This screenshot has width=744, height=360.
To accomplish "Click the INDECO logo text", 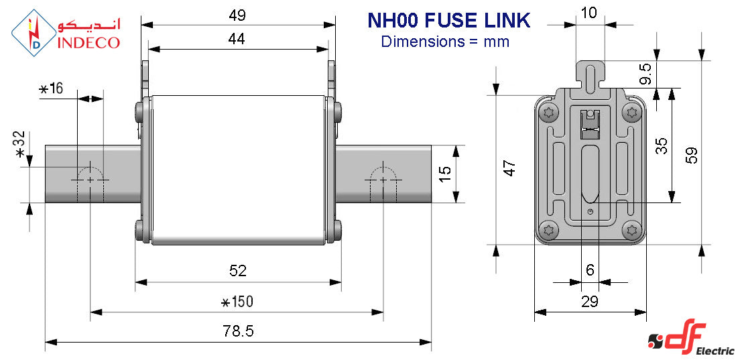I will (88, 43).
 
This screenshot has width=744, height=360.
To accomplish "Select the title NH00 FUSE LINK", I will (448, 20).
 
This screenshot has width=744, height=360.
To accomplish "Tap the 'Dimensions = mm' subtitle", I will (445, 42).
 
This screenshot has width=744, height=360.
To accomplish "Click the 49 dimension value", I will (237, 15).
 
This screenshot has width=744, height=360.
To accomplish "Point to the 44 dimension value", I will (237, 39).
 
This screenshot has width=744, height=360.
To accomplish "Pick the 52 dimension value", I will (238, 271).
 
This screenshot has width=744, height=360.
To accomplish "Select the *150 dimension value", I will (237, 302).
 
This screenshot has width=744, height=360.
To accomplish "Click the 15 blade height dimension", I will (444, 174).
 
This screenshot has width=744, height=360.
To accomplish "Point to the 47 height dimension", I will (509, 168).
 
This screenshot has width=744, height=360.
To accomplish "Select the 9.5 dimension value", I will (645, 74).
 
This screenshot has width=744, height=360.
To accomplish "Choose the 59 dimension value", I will (692, 155).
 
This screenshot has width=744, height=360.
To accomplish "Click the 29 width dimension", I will (590, 302).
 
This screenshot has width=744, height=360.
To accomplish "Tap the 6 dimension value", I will (590, 270).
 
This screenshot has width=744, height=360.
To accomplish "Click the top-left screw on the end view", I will (550, 112).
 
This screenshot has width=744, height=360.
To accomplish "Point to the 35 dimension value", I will (662, 146).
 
